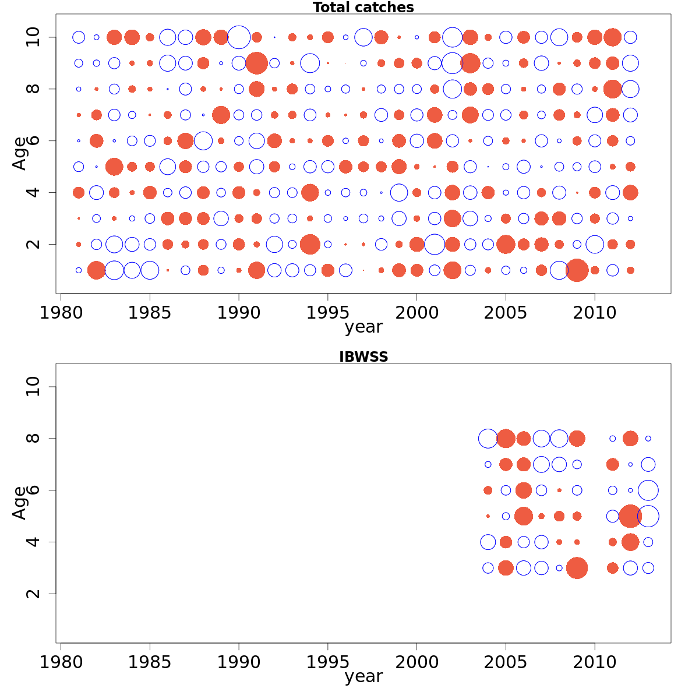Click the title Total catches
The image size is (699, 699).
point(363,8)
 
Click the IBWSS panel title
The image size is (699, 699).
point(363,357)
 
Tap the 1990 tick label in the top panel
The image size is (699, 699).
point(239,313)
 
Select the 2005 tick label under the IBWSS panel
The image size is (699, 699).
point(506,662)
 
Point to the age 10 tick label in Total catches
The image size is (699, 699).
point(34,37)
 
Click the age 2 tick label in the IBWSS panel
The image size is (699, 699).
point(34,594)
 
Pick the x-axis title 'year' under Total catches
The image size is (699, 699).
point(363,327)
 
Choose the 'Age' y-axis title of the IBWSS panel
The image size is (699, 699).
point(20,502)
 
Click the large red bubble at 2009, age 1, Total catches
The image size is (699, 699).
point(577,270)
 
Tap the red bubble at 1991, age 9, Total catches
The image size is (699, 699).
point(256,63)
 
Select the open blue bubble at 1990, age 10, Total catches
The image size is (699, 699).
point(239,37)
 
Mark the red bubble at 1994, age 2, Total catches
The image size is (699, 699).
point(310,244)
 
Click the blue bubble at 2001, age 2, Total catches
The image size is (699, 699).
point(435,244)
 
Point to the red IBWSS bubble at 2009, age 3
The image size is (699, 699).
point(577,568)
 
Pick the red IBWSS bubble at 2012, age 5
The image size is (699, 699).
point(630,516)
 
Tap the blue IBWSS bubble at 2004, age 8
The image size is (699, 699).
point(488,439)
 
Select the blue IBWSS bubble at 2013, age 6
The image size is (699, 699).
point(648,490)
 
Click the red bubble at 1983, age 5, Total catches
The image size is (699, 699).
point(114,167)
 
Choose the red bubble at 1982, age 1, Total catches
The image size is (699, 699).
point(96,270)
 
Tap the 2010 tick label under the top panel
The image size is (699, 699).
point(595,313)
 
